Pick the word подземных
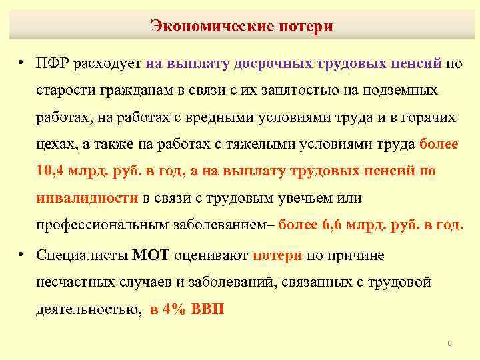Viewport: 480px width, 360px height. tap(399, 91)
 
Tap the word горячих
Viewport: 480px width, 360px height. tap(427, 117)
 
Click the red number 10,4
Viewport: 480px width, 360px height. tap(49, 171)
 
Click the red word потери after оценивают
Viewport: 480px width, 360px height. tap(277, 255)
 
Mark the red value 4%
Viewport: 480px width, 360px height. tap(175, 309)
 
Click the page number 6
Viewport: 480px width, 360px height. tap(449, 343)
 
